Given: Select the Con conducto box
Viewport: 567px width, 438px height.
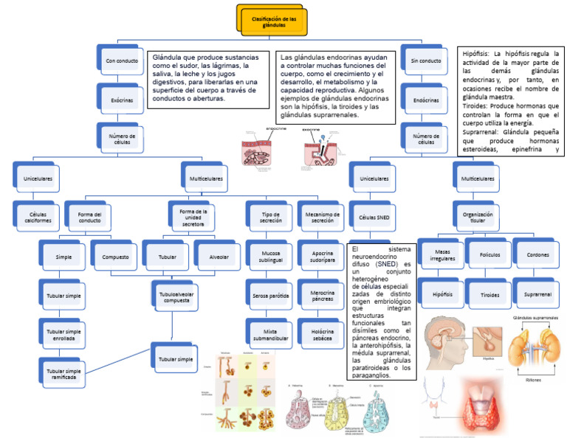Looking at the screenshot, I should tap(121, 60).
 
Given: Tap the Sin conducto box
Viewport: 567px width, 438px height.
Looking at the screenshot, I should tap(425, 60).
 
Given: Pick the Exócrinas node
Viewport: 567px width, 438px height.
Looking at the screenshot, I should tap(121, 100).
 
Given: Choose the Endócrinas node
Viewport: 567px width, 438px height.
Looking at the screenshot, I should tap(425, 100).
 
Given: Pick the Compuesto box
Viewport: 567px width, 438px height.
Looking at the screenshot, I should tap(115, 257).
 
